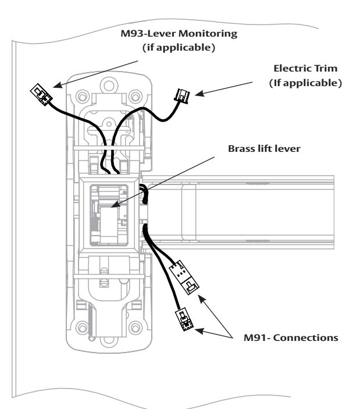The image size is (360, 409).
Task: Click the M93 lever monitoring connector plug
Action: point(41,94)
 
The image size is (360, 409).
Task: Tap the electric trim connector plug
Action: point(182,96)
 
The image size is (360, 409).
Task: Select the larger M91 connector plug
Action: point(184,278)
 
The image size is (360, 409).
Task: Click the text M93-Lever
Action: point(148,34)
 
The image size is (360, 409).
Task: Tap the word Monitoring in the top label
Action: point(208,34)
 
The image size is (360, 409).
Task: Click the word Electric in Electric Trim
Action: point(292,68)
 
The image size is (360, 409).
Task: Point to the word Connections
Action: point(306,338)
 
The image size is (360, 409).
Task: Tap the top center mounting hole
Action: point(109,85)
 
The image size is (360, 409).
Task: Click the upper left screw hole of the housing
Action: point(83,97)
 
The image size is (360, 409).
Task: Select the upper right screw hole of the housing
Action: point(136,97)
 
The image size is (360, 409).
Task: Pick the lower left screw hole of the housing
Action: point(83,328)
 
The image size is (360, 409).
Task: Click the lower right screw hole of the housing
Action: point(136,328)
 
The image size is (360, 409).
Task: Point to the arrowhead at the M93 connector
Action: point(58,85)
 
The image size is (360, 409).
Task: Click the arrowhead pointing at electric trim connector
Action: point(199,94)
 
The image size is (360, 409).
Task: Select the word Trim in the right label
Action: point(325,68)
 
